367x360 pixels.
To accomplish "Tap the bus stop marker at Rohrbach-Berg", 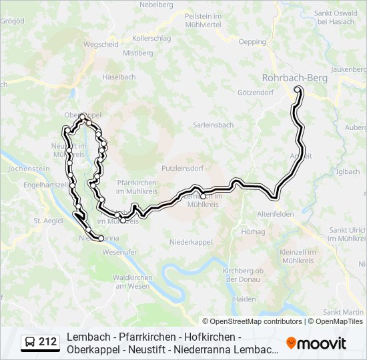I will (298, 89).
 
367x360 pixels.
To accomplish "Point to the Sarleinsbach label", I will (213, 125).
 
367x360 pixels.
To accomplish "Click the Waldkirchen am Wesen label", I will (131, 281).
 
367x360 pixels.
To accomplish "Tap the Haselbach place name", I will (119, 77).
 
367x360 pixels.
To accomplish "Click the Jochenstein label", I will (26, 169).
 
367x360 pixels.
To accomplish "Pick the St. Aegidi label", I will (47, 220).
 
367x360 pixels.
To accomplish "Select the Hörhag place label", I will (254, 231).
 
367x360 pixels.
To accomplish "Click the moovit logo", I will (316, 343).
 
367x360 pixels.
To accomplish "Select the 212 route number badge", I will (48, 342).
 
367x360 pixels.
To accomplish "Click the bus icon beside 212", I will (30, 343).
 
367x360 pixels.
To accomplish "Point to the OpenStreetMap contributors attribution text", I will (257, 321).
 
